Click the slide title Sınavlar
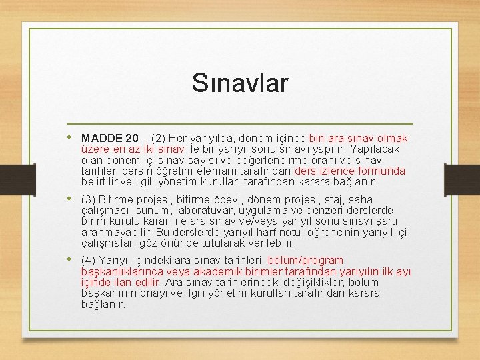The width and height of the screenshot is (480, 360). point(240,83)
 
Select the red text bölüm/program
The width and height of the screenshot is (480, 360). point(305,260)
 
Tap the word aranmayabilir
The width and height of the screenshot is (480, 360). point(118,233)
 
